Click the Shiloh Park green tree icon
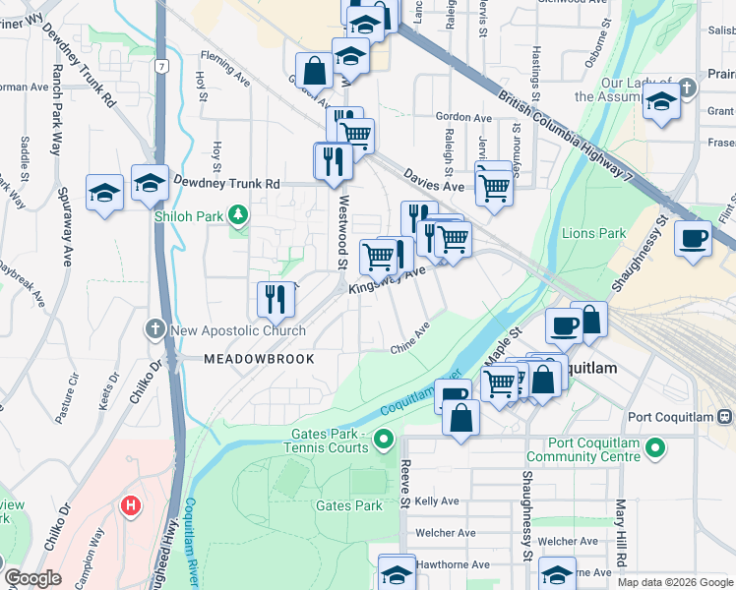coord(236,213)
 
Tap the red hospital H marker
coord(130,506)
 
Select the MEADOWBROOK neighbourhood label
coord(259,359)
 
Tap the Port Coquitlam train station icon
coord(723,416)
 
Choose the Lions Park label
coord(593,234)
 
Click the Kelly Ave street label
coord(438,501)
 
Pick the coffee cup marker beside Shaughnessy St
coord(693,239)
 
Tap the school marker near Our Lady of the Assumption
coord(661,103)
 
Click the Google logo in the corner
coord(32,579)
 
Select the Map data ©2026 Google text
coord(675,582)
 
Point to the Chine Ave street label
coord(411,345)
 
